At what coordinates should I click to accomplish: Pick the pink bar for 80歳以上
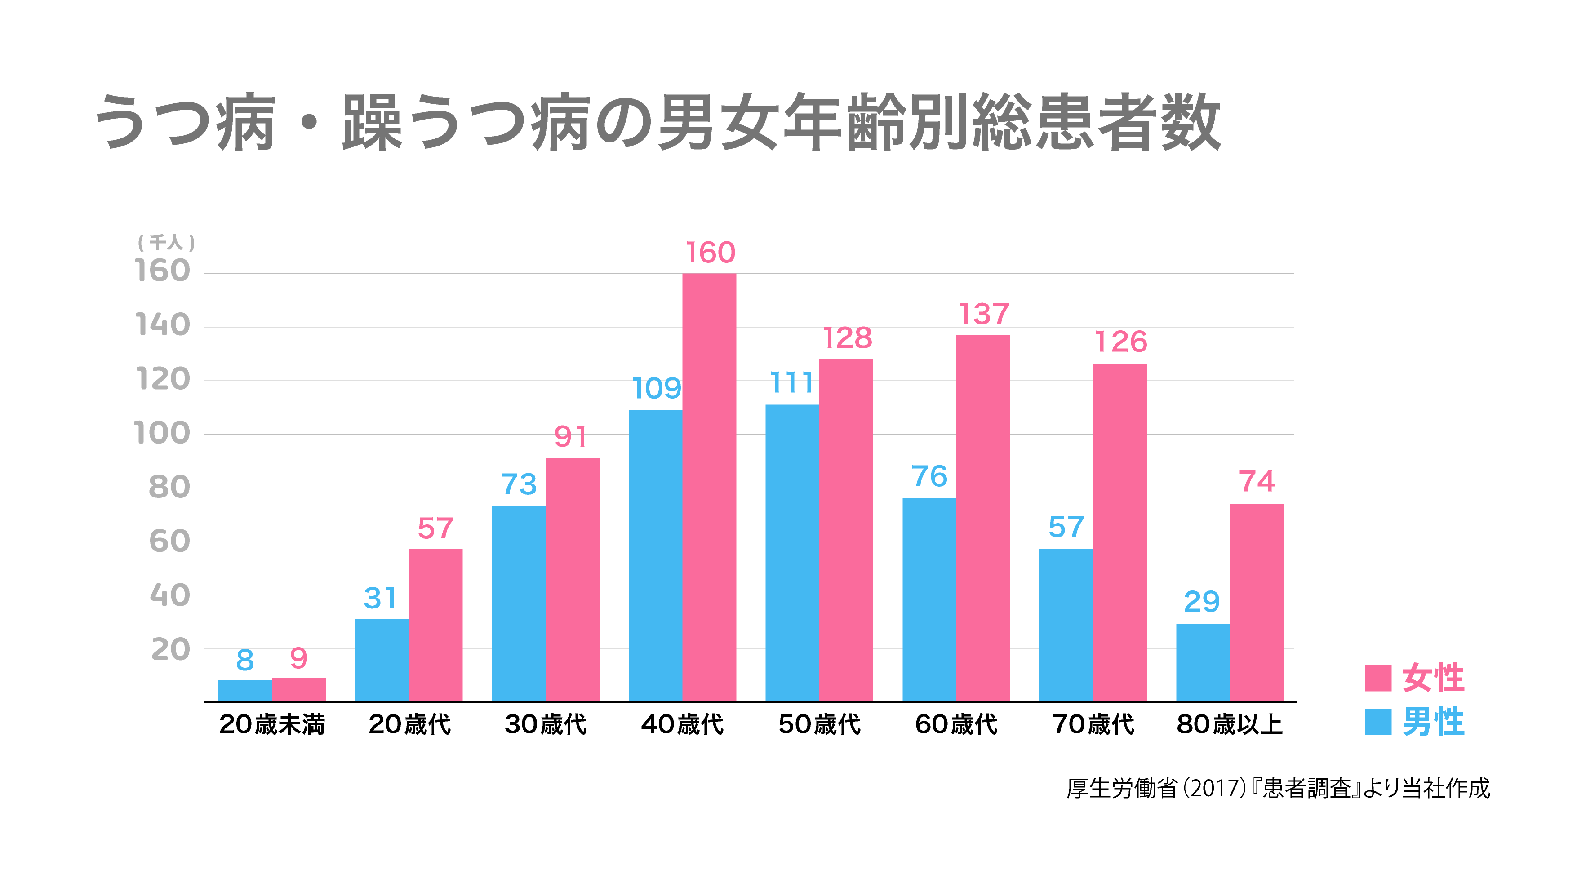1256,602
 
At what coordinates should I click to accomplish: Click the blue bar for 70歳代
1066,625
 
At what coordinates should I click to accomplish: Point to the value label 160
710,253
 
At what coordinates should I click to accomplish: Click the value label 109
656,388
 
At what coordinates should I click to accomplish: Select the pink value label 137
983,314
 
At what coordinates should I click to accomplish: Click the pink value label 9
298,659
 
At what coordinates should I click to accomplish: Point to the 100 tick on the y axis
162,434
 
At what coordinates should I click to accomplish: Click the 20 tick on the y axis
171,649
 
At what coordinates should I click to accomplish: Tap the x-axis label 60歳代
956,725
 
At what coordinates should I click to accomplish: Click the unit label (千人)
166,243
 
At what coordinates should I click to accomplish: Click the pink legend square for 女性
1378,678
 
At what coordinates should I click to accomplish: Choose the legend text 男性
1433,722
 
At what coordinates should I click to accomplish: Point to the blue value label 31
380,598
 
